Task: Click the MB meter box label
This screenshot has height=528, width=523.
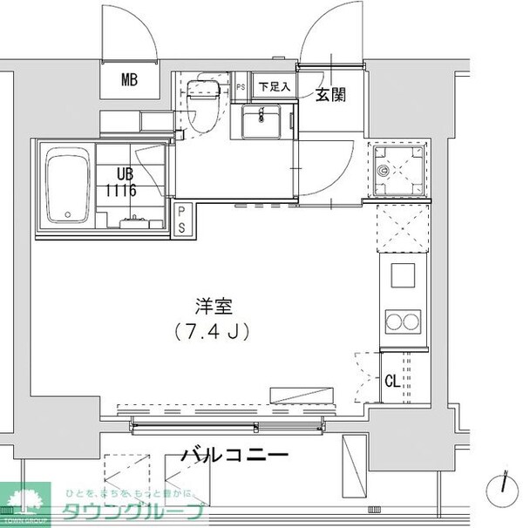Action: [130, 82]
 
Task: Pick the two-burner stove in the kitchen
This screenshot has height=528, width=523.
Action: [404, 322]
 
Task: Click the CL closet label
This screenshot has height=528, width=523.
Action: [393, 379]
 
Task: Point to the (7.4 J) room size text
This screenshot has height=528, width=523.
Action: [212, 332]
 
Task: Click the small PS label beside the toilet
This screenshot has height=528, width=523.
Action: [241, 87]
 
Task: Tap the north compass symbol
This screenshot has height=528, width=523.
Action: [504, 486]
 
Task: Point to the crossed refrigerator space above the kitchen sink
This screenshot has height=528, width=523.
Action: [404, 227]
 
